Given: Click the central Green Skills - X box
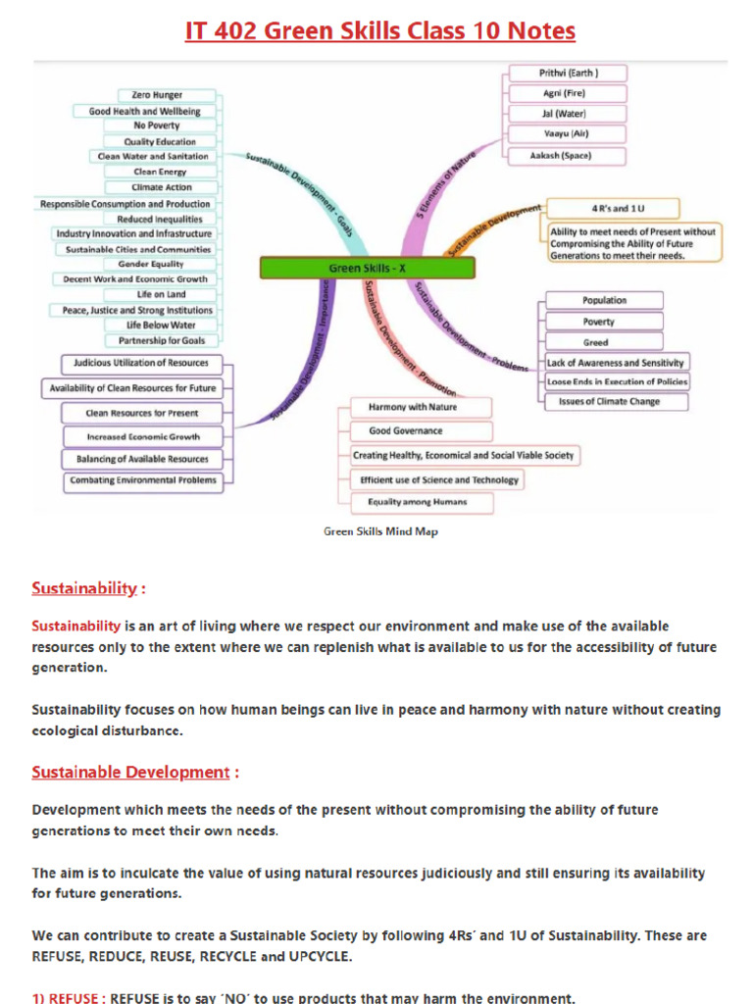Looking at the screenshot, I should click(x=367, y=268).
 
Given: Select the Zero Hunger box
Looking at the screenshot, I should click(x=151, y=95).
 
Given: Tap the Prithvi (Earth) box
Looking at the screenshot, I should click(x=568, y=74).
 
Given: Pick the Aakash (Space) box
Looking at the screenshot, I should click(x=568, y=155).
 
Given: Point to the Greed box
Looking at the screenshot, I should click(x=595, y=342).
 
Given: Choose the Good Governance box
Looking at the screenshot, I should click(x=405, y=430).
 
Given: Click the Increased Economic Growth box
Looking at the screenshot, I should click(x=143, y=436).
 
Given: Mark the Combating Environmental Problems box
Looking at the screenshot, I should click(x=143, y=480).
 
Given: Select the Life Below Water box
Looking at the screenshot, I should click(x=161, y=325).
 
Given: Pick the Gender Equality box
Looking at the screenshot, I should click(x=151, y=264).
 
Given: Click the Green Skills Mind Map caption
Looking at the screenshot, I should click(x=381, y=531).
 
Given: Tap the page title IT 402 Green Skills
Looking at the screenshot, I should click(x=380, y=32).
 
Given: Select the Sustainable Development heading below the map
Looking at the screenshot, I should click(x=130, y=772).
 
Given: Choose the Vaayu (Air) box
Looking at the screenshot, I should click(x=567, y=133).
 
